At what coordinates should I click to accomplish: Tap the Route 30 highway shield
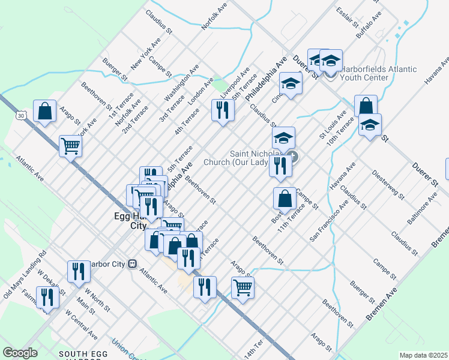22,114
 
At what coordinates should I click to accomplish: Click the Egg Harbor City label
130,220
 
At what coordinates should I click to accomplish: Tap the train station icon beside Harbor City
133,263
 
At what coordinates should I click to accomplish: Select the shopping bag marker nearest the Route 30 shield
45,111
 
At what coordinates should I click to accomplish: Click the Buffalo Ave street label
369,26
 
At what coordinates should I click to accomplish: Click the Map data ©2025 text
423,355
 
